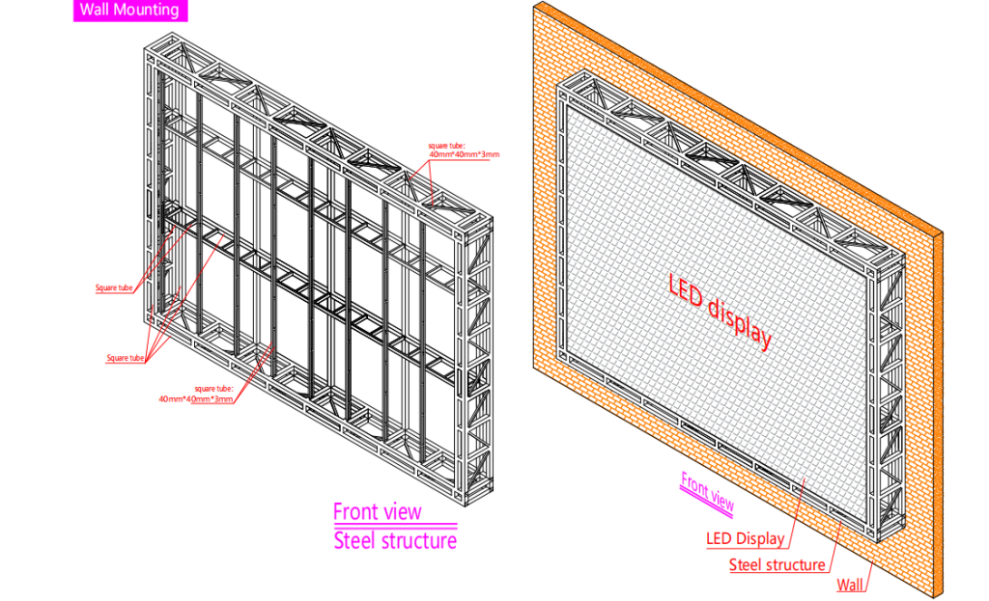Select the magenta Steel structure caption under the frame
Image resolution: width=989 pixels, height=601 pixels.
pos(395,540)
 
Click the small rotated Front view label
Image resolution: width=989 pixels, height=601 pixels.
pos(707,491)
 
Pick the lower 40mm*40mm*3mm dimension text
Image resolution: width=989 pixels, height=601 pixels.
pos(196,397)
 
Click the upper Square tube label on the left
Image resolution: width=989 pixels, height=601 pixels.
pos(114,287)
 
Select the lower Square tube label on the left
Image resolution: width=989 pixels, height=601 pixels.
pos(125,358)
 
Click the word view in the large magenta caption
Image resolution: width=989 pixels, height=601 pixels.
pos(402,511)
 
